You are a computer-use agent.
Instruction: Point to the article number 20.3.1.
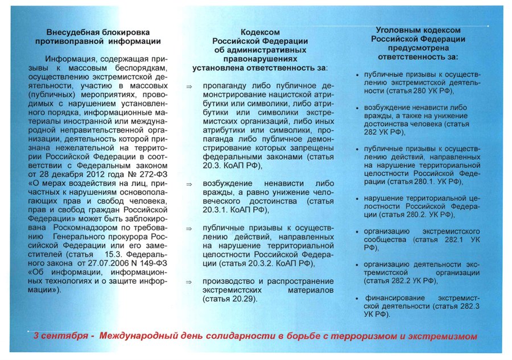(x=217, y=210)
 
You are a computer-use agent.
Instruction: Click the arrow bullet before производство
(x=189, y=282)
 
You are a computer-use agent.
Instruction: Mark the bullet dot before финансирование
(x=357, y=297)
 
